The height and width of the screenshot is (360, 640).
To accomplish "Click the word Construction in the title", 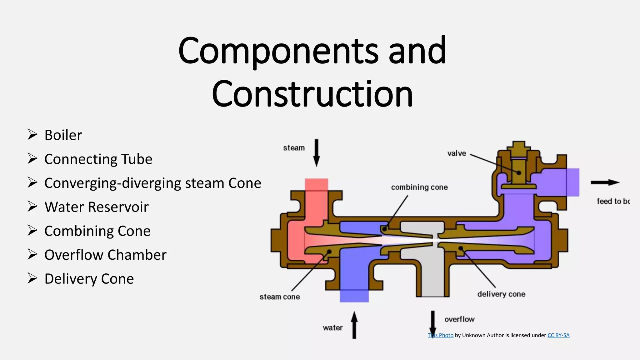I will [x=312, y=94].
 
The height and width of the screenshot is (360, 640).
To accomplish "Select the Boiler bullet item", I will [x=63, y=135].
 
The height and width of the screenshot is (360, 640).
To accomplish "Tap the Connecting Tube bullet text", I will [x=98, y=159].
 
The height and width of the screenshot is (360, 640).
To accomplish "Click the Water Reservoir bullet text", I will [x=96, y=207].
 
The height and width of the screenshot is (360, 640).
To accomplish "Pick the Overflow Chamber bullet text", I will [x=105, y=255].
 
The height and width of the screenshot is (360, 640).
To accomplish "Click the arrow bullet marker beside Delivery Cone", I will [x=32, y=278].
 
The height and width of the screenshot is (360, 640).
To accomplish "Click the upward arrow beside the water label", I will [x=354, y=325].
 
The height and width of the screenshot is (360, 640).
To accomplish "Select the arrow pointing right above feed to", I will [x=605, y=182].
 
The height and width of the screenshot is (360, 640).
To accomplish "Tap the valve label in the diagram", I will [x=457, y=153].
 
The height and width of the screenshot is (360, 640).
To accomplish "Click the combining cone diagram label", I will [x=419, y=187].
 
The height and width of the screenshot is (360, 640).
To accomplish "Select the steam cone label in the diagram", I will [x=280, y=297].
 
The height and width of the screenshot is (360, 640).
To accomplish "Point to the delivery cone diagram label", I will [x=501, y=294].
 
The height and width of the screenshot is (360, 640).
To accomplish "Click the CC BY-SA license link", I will [x=558, y=335].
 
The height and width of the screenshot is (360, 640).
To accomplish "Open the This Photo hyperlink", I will [x=441, y=335].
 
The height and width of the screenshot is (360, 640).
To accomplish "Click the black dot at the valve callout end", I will [x=519, y=172].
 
